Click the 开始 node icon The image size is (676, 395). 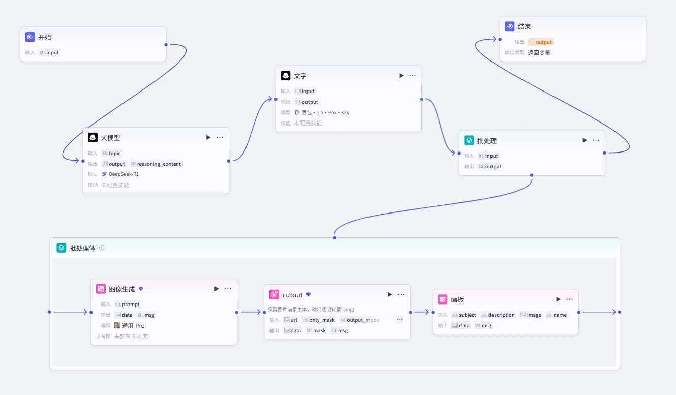[30, 37]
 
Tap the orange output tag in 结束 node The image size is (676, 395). [540, 42]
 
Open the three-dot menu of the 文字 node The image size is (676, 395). [412, 75]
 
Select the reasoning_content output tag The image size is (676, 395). [156, 164]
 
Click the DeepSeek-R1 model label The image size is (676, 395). [124, 174]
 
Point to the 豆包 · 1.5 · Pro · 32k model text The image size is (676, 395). [325, 112]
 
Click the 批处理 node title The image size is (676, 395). [487, 141]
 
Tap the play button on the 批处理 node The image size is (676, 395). [585, 140]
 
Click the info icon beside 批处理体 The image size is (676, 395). [102, 248]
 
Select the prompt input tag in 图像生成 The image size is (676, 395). [128, 304]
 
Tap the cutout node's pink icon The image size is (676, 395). [274, 294]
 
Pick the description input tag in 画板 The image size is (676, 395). [498, 315]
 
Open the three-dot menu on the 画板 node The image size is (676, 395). [569, 299]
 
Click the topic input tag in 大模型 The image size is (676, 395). [111, 153]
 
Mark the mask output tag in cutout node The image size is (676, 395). [316, 330]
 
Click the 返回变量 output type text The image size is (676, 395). [539, 53]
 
